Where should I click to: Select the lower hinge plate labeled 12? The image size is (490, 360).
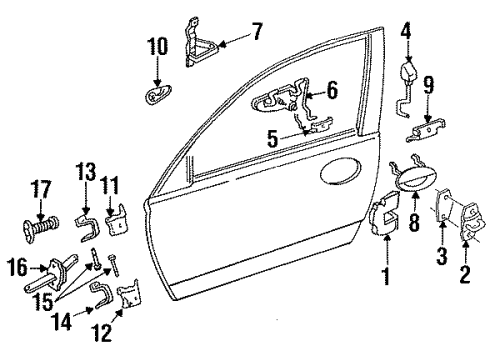tap(130, 298)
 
